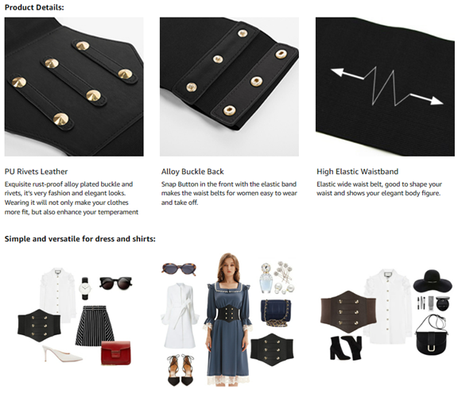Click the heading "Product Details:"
tap(34, 7)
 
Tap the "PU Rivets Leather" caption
tap(36, 172)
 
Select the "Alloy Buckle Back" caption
tap(192, 172)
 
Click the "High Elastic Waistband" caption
tap(357, 172)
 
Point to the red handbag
tap(116, 353)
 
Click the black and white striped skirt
tap(95, 326)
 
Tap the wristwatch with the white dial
tap(85, 288)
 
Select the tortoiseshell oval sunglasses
tap(179, 269)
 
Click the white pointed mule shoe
tap(62, 353)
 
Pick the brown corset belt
tap(348, 311)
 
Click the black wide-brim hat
tap(433, 281)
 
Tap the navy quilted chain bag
tap(276, 313)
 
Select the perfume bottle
tap(266, 278)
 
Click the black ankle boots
tap(346, 348)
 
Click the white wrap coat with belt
tap(180, 315)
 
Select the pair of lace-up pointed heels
tap(181, 370)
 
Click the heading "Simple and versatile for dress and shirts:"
tap(80, 238)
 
